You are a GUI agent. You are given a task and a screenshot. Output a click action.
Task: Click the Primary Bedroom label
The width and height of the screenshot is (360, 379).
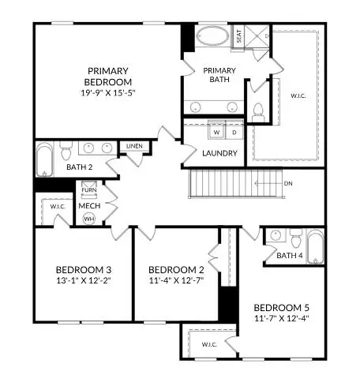[110, 76]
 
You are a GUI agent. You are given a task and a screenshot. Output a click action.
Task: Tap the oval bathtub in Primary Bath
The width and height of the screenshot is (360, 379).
[210, 36]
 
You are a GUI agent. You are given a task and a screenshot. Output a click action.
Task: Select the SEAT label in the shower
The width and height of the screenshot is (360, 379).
[239, 36]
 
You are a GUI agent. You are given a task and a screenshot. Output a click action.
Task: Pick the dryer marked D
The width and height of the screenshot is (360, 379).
[233, 133]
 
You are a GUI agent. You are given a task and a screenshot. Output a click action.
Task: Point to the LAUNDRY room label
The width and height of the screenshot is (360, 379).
[219, 153]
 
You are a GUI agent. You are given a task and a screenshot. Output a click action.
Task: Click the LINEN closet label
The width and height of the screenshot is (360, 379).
[133, 146]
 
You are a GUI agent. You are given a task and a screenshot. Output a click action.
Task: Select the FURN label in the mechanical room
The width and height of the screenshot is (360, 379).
[89, 190]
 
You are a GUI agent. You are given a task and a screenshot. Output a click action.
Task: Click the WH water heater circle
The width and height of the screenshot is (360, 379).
[89, 219]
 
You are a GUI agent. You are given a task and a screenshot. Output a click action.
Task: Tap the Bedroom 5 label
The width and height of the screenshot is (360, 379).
[280, 307]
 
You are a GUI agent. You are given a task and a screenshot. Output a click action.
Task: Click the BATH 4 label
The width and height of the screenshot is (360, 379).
[290, 255]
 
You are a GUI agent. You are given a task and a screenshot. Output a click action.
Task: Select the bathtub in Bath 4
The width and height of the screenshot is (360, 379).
[313, 246]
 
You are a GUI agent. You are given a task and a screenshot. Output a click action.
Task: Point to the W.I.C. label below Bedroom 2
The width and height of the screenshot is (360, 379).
[208, 344]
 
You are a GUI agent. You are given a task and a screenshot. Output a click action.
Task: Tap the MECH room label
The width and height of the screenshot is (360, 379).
[88, 205]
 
